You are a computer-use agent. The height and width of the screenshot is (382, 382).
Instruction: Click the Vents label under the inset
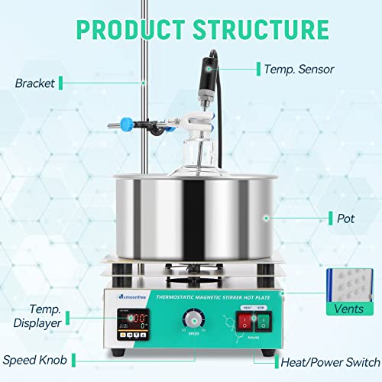(348, 310)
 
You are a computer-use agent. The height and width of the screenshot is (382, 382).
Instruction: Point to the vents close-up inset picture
(347, 283)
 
